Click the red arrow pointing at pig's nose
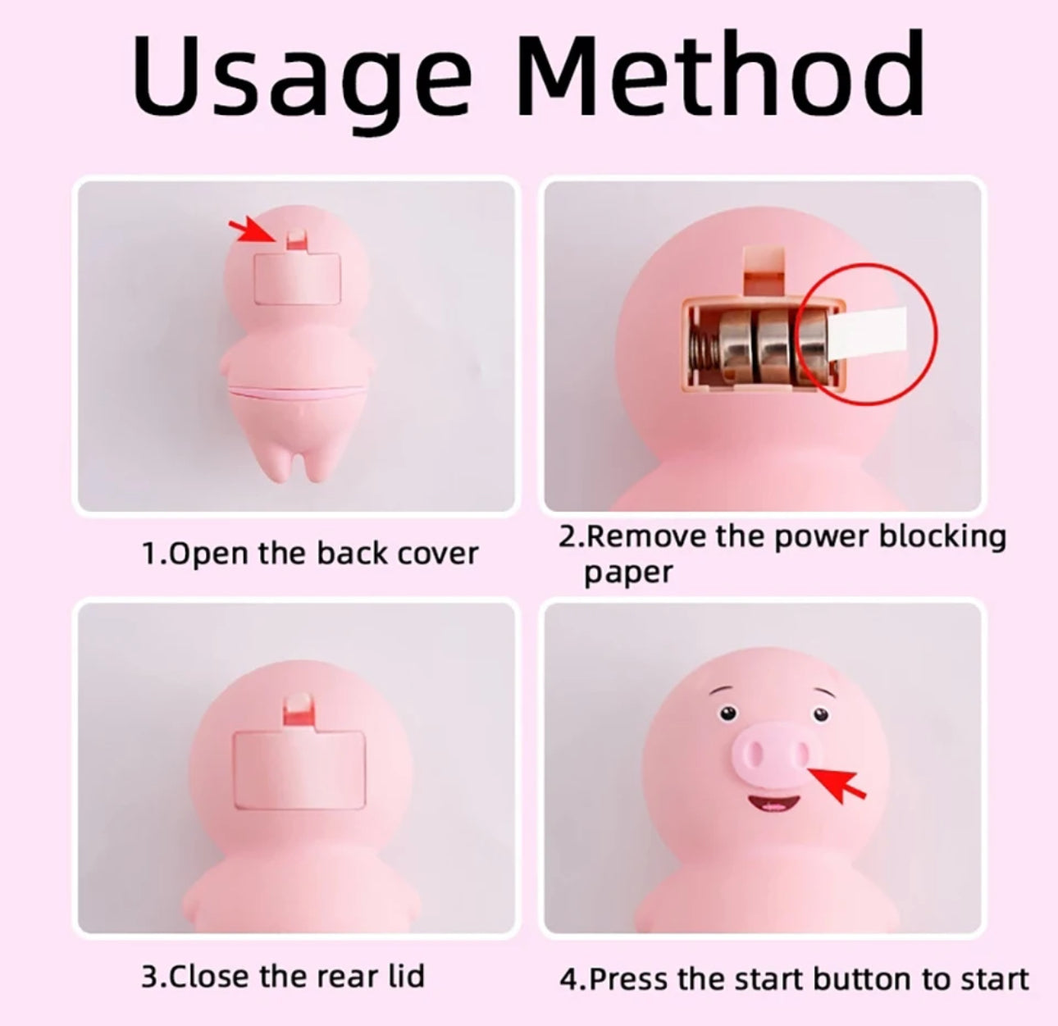[x=837, y=784]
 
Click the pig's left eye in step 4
[x=727, y=713]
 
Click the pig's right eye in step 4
[x=820, y=714]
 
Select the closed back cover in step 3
[x=299, y=769]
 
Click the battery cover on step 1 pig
[x=298, y=278]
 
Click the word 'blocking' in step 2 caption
[x=942, y=538]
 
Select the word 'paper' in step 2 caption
[x=628, y=573]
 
